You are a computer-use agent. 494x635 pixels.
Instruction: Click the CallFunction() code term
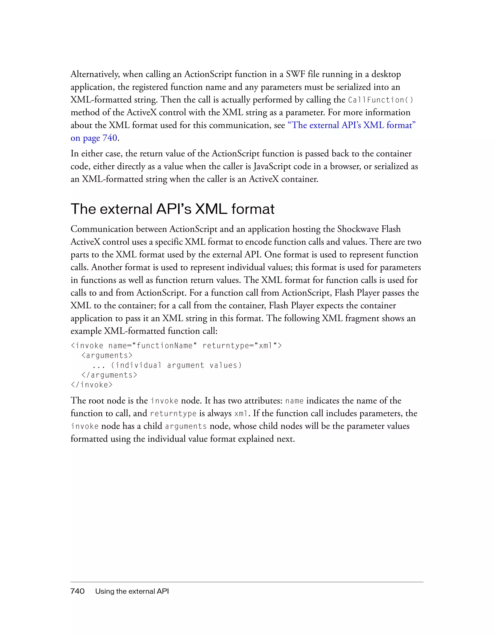click(x=380, y=100)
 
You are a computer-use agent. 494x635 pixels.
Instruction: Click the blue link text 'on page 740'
click(x=94, y=138)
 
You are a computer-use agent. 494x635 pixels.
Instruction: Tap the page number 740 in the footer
click(x=77, y=591)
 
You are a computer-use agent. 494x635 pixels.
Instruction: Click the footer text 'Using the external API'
click(x=132, y=591)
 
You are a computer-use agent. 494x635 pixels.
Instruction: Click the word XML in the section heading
click(x=211, y=209)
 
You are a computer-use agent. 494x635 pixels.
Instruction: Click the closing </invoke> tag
click(x=92, y=385)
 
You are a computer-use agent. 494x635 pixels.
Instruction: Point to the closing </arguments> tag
click(x=109, y=375)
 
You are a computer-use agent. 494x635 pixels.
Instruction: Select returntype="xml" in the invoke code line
click(x=242, y=345)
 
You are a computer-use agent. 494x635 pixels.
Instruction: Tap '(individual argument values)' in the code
click(x=176, y=365)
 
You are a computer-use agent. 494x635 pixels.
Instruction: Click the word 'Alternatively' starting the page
click(x=95, y=75)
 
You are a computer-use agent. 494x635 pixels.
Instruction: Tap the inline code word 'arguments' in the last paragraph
click(x=186, y=426)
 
